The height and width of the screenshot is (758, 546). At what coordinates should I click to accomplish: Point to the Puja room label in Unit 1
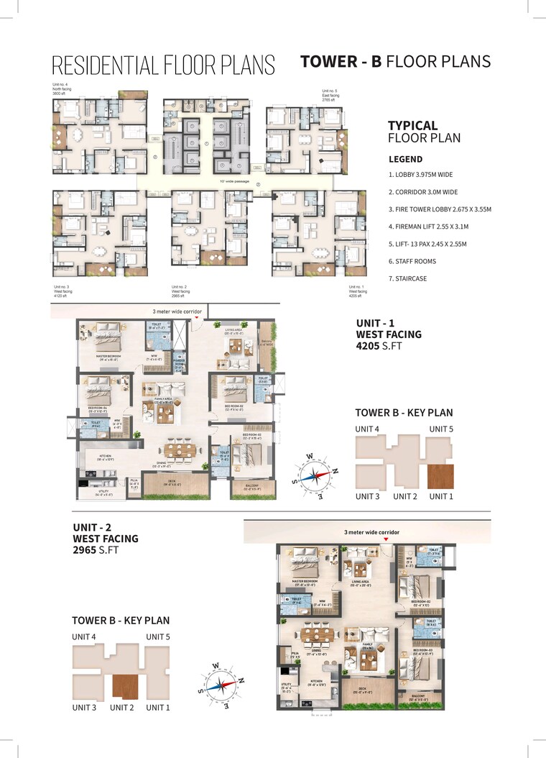(134, 484)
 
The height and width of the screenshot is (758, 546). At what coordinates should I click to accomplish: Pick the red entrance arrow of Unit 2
(386, 539)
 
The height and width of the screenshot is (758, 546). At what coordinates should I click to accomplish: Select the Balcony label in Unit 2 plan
(418, 696)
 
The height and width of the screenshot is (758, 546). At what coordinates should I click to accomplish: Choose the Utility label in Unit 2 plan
(287, 688)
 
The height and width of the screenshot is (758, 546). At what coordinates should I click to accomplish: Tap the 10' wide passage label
(234, 181)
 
